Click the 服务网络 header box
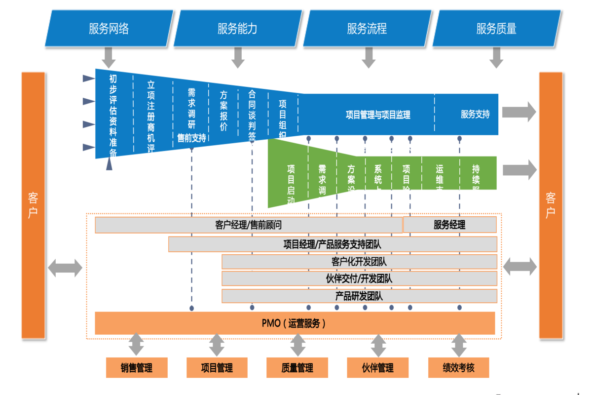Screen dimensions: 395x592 [x=109, y=29]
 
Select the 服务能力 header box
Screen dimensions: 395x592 [x=237, y=29]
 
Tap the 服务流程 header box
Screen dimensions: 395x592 [x=367, y=29]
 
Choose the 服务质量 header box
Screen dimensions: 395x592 [x=496, y=29]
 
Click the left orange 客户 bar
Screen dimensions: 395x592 [x=33, y=205]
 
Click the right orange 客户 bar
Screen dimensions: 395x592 [x=551, y=205]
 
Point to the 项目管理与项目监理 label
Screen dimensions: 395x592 [x=378, y=115]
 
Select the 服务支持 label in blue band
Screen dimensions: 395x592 [x=475, y=114]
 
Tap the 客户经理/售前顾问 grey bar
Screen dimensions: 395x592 [x=249, y=225]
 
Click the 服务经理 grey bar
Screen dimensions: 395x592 [x=449, y=225]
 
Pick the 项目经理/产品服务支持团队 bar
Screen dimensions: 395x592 [x=333, y=244]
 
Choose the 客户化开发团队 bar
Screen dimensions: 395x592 [x=359, y=262]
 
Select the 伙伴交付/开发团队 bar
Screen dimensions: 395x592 [x=359, y=278]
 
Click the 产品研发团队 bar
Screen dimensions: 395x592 [x=359, y=296]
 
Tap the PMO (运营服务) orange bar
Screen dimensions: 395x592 [x=295, y=323]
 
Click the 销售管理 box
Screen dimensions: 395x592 [x=137, y=368]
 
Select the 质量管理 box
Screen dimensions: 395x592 [x=297, y=368]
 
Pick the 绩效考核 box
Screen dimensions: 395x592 [x=459, y=368]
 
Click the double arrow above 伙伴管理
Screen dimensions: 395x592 [x=378, y=346]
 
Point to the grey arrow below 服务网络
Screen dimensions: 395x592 [x=109, y=57]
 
